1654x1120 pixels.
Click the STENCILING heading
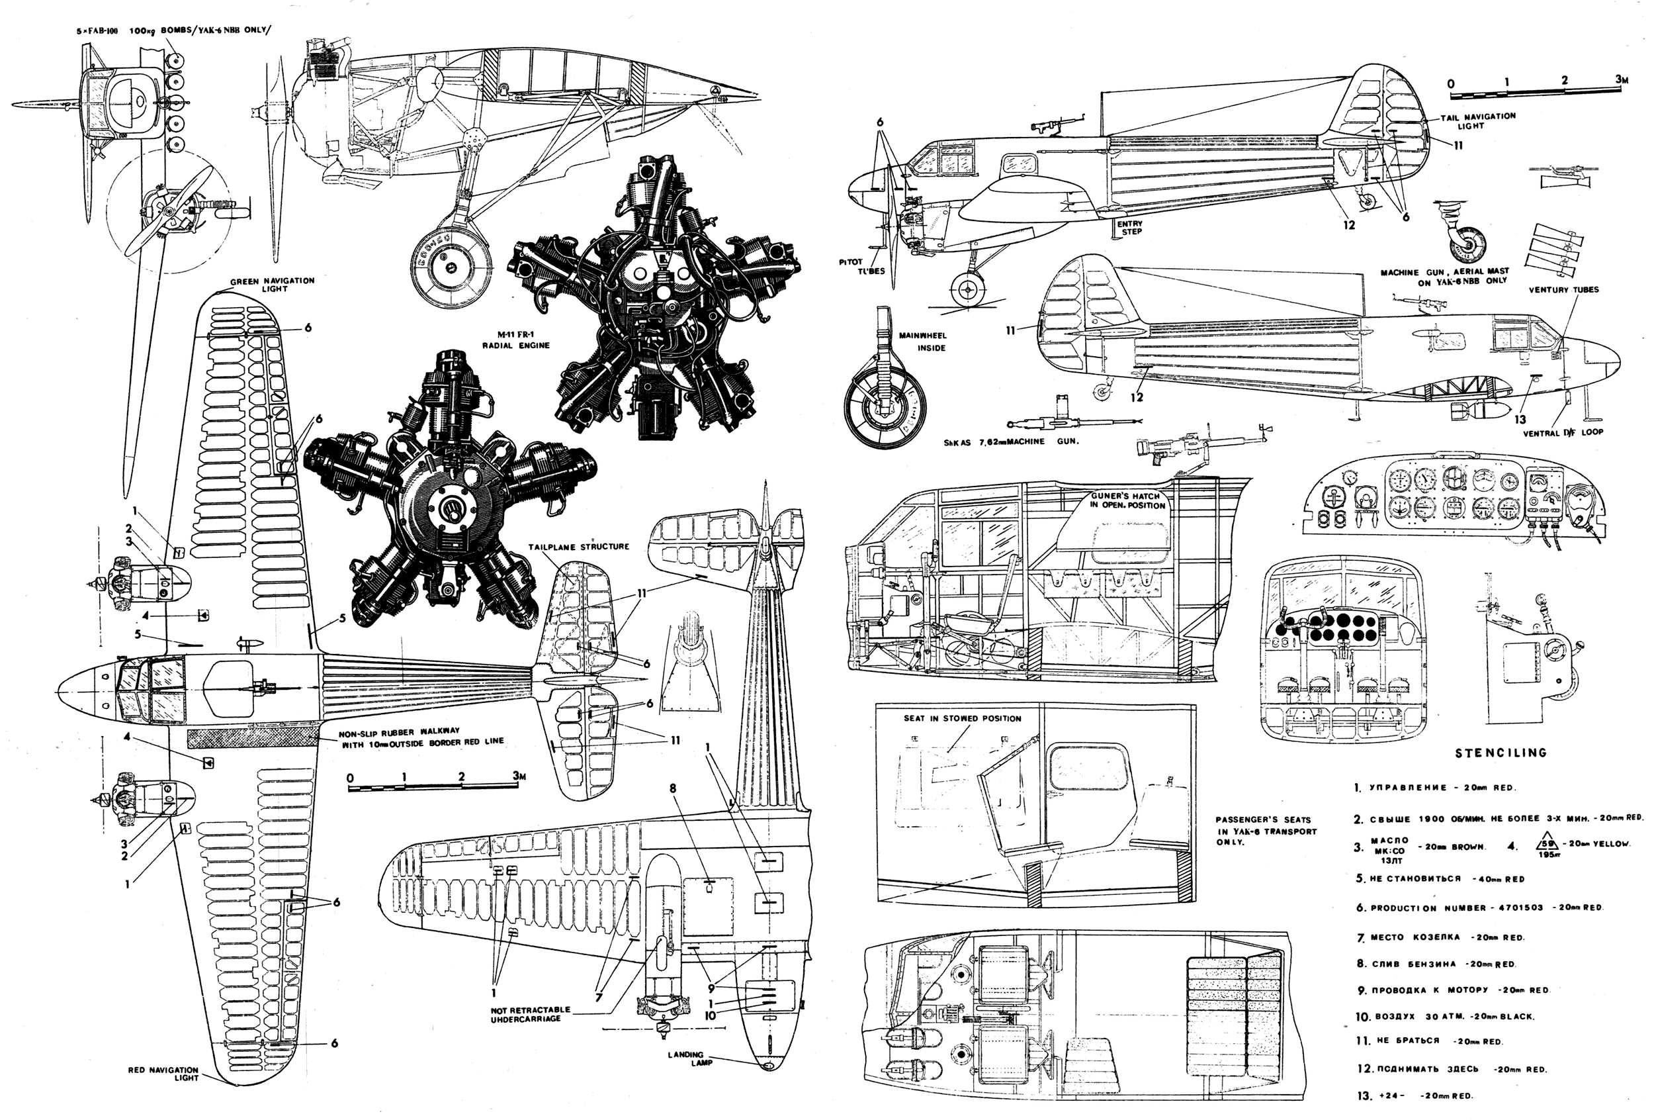(x=1501, y=753)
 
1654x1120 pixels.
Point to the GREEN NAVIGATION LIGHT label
(x=273, y=285)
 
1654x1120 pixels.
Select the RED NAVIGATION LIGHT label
(x=163, y=1073)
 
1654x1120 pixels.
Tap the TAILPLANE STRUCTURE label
(x=579, y=547)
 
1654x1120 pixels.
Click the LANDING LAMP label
(x=685, y=1058)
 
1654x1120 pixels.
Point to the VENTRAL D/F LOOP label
(x=1563, y=432)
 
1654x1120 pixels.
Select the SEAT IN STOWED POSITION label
(x=962, y=718)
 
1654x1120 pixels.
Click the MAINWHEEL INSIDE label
(x=922, y=341)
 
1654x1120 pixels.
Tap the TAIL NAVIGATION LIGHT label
(x=1477, y=121)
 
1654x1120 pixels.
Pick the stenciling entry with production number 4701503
(x=1481, y=908)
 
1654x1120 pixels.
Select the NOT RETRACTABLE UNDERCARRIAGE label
(x=529, y=1014)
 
